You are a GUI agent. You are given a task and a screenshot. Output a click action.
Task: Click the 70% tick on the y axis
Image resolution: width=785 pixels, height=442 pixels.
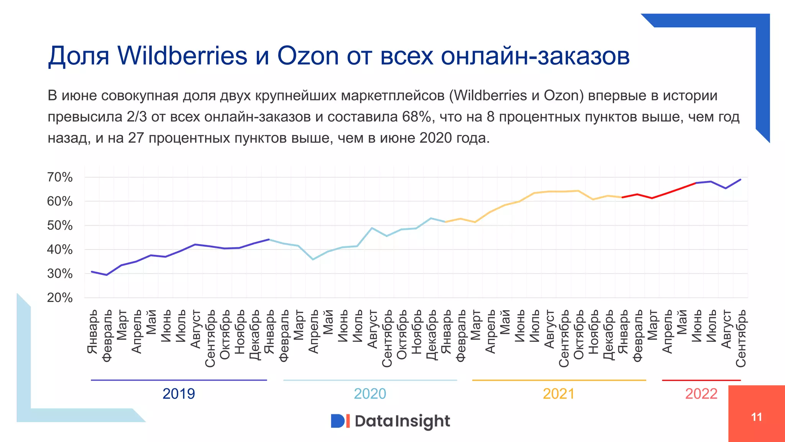coord(60,177)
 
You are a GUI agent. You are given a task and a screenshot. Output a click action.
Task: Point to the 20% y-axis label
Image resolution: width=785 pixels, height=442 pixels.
coord(60,298)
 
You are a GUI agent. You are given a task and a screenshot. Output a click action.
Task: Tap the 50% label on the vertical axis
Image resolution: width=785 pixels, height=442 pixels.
coord(60,226)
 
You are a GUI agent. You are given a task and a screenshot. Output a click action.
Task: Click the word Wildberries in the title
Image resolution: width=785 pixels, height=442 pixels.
coord(182,56)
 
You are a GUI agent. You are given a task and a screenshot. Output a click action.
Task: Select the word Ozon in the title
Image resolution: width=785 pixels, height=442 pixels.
coord(308,56)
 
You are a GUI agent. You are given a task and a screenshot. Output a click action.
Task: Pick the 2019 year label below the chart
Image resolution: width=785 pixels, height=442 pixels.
coord(179,394)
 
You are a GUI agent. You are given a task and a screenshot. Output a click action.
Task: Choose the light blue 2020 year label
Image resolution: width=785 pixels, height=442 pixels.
coord(370,394)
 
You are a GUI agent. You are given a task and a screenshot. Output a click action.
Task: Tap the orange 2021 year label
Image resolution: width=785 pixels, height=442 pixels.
coord(558,394)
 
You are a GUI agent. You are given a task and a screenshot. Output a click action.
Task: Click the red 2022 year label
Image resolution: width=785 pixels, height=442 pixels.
coord(701,394)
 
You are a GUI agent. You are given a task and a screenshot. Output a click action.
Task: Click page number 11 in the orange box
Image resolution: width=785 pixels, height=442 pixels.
coord(757,417)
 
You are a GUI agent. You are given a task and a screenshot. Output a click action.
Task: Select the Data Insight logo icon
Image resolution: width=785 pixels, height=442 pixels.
coord(340,421)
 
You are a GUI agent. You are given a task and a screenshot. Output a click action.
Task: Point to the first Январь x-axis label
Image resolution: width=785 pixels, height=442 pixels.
coord(92,332)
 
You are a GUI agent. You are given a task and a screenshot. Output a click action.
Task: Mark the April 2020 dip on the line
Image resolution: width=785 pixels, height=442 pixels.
coord(313,259)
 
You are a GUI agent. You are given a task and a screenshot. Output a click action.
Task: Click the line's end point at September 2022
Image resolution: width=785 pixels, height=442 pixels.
coord(741,179)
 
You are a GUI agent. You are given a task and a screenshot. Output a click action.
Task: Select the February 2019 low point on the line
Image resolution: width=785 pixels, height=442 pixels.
coord(107,275)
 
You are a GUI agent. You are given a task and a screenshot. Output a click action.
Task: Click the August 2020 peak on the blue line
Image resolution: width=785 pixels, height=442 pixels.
coord(372,228)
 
